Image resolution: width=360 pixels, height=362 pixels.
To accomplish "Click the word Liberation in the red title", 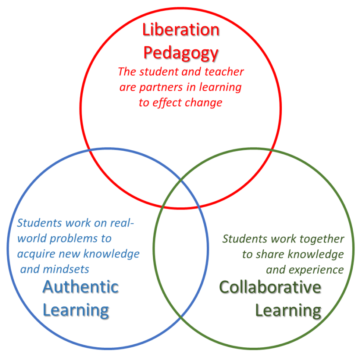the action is pyautogui.click(x=181, y=30).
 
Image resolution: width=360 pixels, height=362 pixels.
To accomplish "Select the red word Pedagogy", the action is pyautogui.click(x=181, y=54).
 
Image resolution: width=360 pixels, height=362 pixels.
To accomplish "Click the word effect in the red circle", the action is pyautogui.click(x=167, y=102).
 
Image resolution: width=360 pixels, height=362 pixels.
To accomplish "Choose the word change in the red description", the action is pyautogui.click(x=203, y=103).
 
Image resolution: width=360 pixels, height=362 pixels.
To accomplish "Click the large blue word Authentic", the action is pyautogui.click(x=81, y=287).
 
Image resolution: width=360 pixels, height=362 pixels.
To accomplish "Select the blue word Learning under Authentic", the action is pyautogui.click(x=76, y=311).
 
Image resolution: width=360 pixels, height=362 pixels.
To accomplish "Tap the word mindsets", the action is pyautogui.click(x=66, y=270).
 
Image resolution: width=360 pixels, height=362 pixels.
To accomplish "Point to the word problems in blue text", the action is pyautogui.click(x=73, y=239).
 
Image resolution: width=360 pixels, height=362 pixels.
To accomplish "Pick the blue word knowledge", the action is pyautogui.click(x=111, y=254).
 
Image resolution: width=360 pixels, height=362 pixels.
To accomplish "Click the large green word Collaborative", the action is pyautogui.click(x=270, y=287).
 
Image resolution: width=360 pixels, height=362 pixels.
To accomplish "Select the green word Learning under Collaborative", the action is pyautogui.click(x=288, y=311).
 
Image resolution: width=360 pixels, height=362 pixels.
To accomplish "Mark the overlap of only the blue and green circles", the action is pyautogui.click(x=181, y=254).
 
